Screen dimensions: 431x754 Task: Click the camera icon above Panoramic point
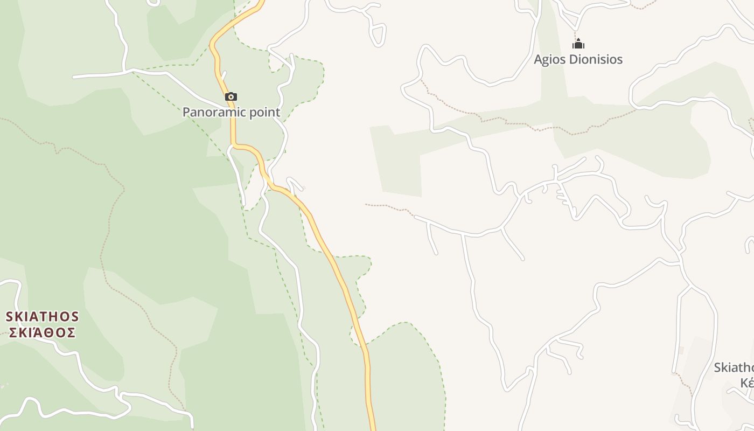click(x=231, y=97)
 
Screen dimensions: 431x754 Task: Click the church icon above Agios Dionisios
click(x=578, y=44)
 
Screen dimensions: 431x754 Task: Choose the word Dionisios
click(x=597, y=59)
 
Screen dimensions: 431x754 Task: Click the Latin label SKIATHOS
click(x=43, y=316)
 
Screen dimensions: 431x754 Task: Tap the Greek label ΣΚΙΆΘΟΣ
click(x=43, y=332)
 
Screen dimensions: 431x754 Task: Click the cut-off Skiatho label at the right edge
click(x=734, y=367)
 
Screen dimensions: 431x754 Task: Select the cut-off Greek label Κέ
click(x=746, y=383)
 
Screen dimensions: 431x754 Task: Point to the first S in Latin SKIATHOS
click(x=10, y=316)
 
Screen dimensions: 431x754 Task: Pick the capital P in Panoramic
click(x=186, y=112)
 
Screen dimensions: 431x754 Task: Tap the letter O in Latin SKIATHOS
click(x=61, y=316)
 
